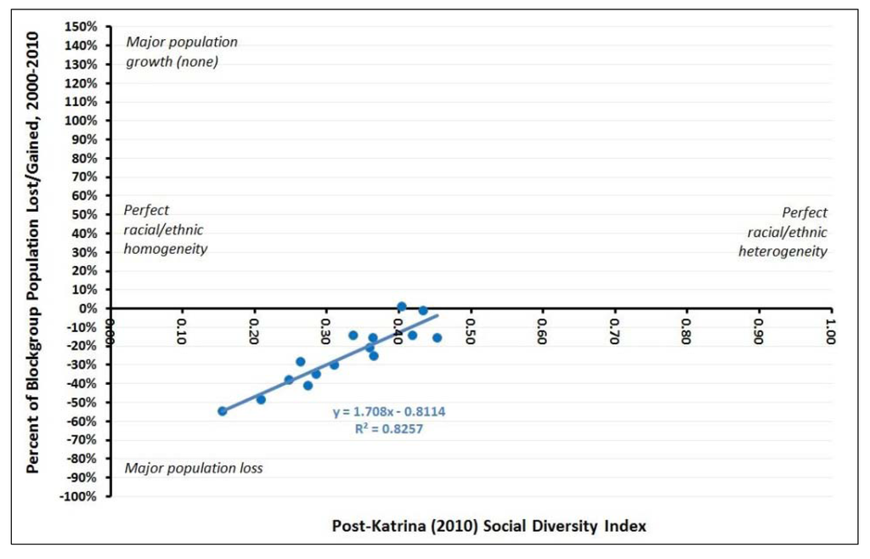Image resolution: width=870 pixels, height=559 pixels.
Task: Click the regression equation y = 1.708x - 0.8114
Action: click(389, 411)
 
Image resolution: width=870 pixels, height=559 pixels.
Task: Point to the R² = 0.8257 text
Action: click(389, 429)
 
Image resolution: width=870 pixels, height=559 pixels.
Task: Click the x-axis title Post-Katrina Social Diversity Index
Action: click(489, 527)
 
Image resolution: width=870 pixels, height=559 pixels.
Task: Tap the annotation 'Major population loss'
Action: click(194, 468)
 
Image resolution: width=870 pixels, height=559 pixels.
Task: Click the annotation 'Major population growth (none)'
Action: click(181, 51)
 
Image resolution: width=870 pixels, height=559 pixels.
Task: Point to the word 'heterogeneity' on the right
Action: click(782, 251)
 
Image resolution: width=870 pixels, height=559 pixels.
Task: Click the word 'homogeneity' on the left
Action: click(166, 249)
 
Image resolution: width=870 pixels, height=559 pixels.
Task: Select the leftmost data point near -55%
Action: click(223, 411)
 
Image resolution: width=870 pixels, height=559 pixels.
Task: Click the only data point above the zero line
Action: click(402, 306)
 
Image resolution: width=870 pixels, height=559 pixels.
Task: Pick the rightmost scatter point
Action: click(437, 337)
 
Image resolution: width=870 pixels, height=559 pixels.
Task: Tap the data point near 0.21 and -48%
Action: click(261, 399)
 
